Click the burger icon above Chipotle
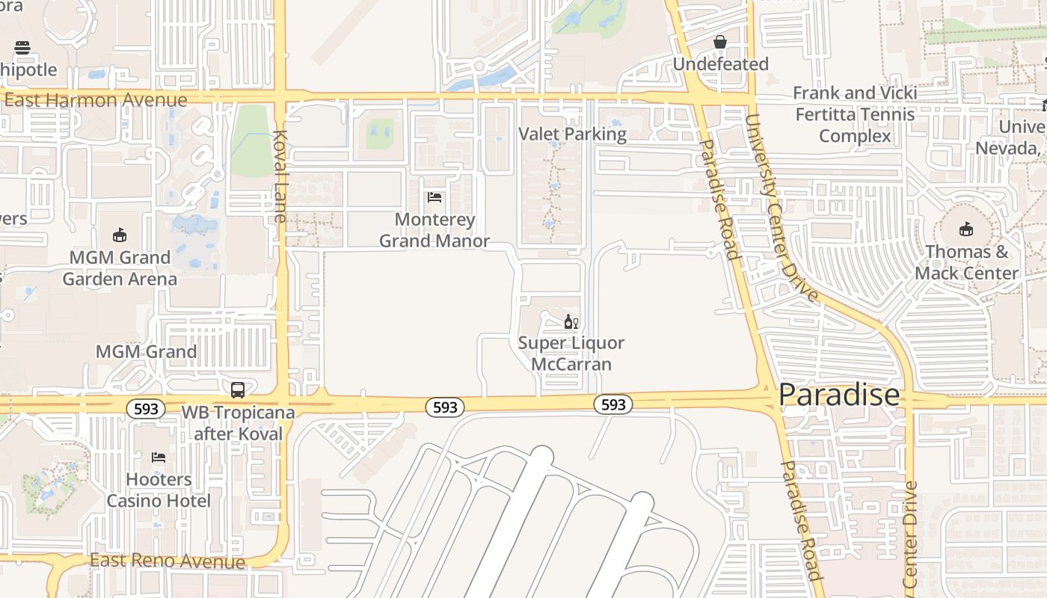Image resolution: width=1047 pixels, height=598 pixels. point(22,48)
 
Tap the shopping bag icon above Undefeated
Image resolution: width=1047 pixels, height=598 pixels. point(720,42)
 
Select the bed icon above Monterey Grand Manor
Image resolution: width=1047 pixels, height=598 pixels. point(434,197)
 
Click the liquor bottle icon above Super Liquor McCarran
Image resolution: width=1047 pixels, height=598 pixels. point(571,322)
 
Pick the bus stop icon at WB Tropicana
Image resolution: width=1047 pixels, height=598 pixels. point(237,389)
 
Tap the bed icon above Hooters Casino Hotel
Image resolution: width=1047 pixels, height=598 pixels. point(158,457)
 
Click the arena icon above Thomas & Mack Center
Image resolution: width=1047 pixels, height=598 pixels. point(966,229)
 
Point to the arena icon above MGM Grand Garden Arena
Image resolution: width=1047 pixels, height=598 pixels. point(119,235)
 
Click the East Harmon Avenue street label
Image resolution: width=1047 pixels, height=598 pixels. point(96,100)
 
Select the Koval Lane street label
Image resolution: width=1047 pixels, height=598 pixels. point(280,176)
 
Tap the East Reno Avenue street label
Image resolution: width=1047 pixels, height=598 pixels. point(168,561)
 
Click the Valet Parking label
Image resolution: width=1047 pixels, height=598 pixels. point(573,135)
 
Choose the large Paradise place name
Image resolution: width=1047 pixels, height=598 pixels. point(839,395)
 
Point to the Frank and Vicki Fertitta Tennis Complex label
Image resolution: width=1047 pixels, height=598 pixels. point(855,114)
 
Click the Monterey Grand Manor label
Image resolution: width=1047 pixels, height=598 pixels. point(435,230)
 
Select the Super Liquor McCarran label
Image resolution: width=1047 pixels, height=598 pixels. point(571,354)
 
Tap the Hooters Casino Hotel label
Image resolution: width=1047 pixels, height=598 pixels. point(159,490)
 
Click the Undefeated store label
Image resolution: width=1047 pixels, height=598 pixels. point(720,64)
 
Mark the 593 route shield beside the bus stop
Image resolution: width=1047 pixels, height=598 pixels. point(146,409)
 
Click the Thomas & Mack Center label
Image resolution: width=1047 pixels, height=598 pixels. point(966,262)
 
